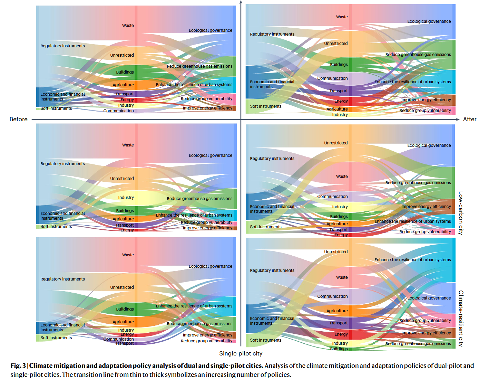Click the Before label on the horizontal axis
tap(19, 119)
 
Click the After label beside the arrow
tap(469, 119)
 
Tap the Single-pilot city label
tap(241, 353)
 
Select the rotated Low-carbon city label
tap(461, 213)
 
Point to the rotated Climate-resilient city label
tap(461, 318)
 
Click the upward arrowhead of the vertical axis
tap(241, 2)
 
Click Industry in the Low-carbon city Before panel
tap(126, 198)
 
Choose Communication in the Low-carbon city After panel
tap(332, 197)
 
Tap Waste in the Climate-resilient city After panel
tap(342, 277)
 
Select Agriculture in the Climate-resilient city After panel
tap(337, 311)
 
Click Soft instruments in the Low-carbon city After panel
tap(265, 227)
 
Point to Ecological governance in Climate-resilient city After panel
tap(429, 298)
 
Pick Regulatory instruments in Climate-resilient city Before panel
tap(62, 279)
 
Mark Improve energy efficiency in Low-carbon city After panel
tap(426, 207)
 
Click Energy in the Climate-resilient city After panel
tap(341, 334)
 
